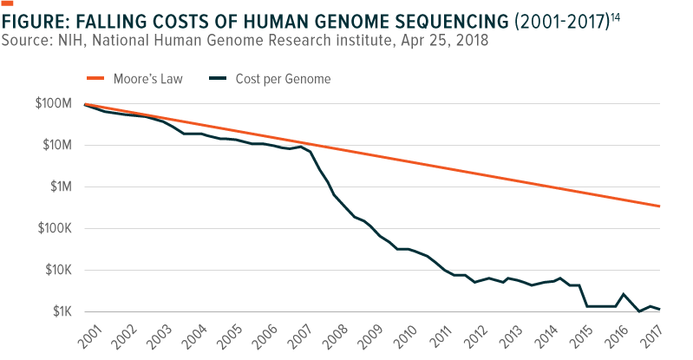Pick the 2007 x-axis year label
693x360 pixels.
[303, 337]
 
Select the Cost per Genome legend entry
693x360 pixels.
[283, 80]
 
